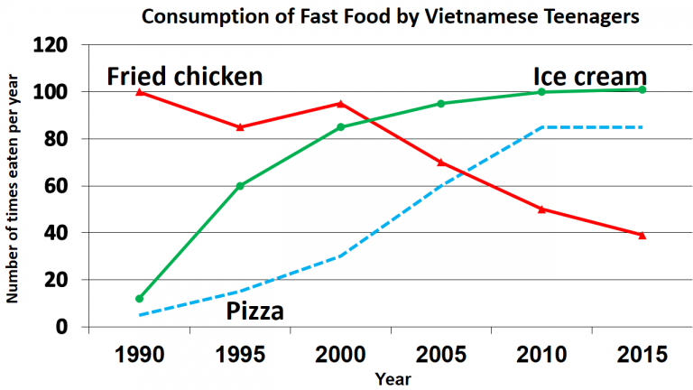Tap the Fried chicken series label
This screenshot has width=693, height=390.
185,76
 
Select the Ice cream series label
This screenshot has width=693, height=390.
589,75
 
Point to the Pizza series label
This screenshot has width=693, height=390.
254,312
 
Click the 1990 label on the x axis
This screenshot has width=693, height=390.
140,354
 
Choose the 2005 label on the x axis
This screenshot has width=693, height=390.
440,354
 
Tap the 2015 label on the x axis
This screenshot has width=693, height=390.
641,354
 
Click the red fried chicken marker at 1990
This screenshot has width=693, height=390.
140,92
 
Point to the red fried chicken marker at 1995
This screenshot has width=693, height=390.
240,127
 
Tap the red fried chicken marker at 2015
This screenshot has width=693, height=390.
642,235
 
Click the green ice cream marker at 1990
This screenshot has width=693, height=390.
140,298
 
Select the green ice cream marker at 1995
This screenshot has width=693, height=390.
240,186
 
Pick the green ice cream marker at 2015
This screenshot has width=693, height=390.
642,89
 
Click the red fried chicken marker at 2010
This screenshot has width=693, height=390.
541,209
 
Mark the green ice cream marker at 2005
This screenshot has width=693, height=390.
441,104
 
